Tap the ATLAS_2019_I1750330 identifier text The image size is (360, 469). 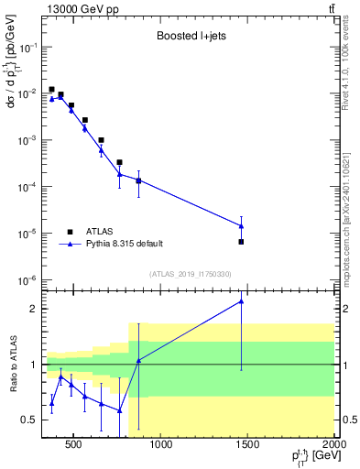(x=191, y=274)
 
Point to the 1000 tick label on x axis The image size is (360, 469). (x=160, y=446)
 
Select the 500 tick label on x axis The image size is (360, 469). (x=72, y=446)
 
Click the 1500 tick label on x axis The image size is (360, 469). (x=248, y=446)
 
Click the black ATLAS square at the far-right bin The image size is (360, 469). (x=241, y=242)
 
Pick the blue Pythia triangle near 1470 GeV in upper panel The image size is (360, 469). (x=241, y=225)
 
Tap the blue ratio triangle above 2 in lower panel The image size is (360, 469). (x=241, y=301)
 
